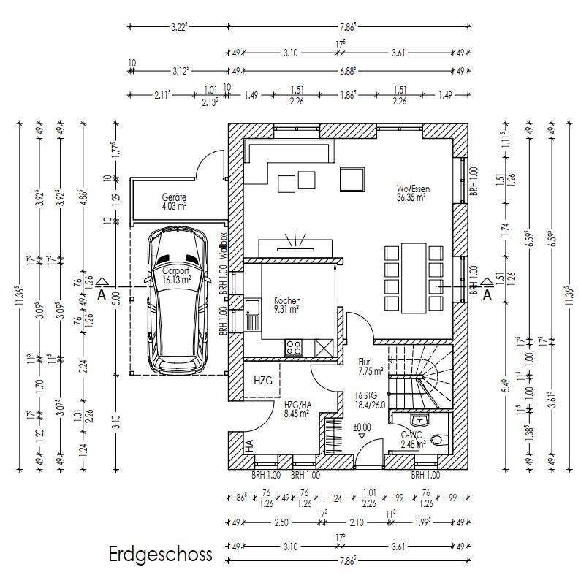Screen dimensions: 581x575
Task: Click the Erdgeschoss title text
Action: tap(161, 554)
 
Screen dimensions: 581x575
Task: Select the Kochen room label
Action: tap(287, 300)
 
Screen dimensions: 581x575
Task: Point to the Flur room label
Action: tap(365, 362)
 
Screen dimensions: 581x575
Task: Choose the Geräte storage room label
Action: tap(175, 197)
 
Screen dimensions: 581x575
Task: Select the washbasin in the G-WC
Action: tap(419, 419)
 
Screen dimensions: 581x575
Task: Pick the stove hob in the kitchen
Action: tap(295, 346)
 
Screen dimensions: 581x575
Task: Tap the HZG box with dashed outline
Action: tap(262, 381)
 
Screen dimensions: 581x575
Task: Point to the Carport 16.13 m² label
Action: tap(176, 274)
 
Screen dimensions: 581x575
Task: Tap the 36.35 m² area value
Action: tap(411, 197)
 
